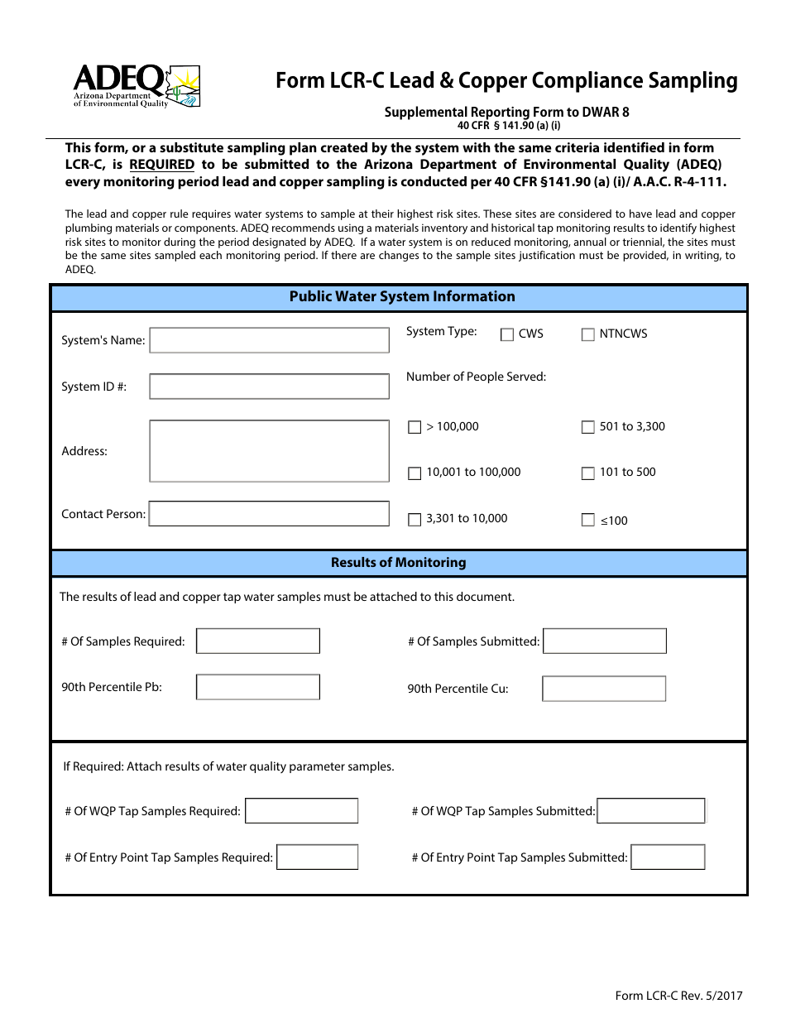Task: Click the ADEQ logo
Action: [137, 86]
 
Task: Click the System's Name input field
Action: [269, 340]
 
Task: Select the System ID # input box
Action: [269, 387]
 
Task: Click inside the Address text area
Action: [269, 451]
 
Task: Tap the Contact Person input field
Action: [269, 514]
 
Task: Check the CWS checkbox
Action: [507, 334]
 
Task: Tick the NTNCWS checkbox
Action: [587, 334]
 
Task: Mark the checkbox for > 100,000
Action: [415, 428]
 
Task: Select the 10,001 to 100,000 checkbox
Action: [415, 473]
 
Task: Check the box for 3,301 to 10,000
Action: [415, 520]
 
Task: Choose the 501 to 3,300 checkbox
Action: [587, 428]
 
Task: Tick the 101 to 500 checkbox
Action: [587, 473]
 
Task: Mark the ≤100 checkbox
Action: [587, 521]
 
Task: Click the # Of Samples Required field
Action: [258, 641]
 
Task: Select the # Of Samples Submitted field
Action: [605, 641]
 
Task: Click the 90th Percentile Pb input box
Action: [258, 687]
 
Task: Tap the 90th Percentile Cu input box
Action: [604, 689]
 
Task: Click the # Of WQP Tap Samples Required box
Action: [302, 811]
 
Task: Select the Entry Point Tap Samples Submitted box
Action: [668, 857]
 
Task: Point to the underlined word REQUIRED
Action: [161, 165]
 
